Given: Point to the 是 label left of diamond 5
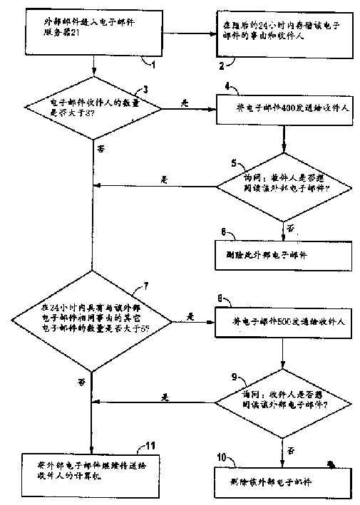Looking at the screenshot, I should [165, 179].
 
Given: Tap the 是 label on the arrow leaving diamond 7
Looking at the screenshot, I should [190, 313].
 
